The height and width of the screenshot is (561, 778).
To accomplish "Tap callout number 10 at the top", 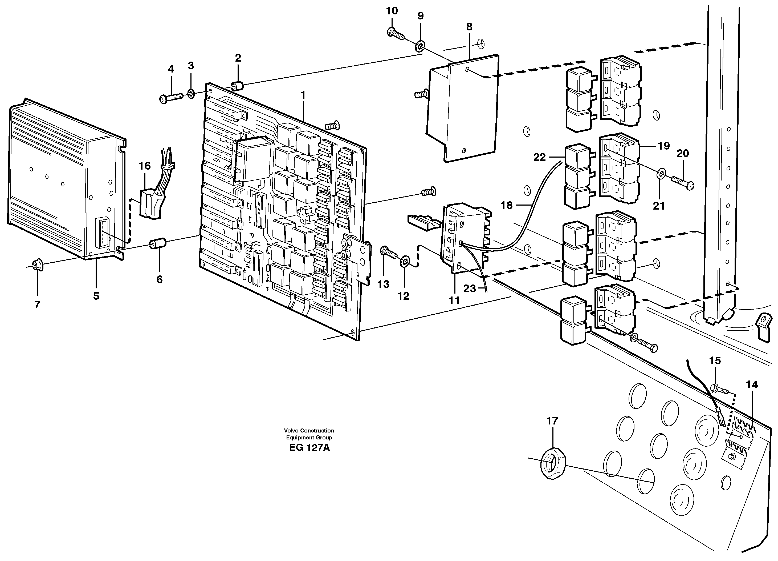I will click(392, 11).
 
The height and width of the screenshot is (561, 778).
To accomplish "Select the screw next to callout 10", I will click(395, 33).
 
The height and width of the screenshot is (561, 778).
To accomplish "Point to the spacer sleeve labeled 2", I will click(237, 86).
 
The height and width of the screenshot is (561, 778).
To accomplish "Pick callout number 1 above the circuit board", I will click(303, 95).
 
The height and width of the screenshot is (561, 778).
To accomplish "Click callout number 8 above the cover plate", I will click(469, 26).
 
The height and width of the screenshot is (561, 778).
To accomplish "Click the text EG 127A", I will click(309, 448).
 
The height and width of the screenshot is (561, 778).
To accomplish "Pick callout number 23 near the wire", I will click(470, 289).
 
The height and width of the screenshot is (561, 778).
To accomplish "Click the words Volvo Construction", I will click(309, 431).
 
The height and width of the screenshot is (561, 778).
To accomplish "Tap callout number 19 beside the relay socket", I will click(664, 146).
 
